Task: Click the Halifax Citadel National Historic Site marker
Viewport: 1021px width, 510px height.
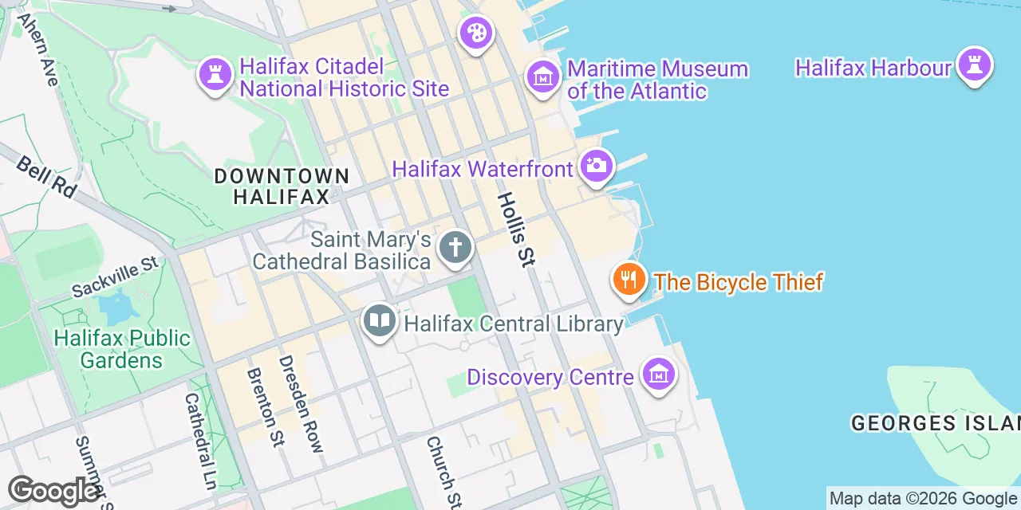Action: [215, 75]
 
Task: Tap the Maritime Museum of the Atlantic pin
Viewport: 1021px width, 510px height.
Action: [543, 77]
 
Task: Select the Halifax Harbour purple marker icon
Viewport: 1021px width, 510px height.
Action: [974, 65]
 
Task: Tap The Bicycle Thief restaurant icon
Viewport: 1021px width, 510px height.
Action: [629, 280]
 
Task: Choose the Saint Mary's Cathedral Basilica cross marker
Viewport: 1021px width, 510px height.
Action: [455, 247]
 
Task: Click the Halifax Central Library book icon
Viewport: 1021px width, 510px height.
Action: [380, 321]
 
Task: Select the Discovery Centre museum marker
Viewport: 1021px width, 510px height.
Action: [659, 374]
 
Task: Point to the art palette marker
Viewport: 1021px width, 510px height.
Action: [476, 33]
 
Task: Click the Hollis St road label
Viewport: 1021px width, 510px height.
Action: [516, 229]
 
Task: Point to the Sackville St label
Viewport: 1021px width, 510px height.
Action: [115, 277]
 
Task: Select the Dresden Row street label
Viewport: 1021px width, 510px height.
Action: [301, 404]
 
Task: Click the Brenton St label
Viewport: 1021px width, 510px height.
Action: [266, 406]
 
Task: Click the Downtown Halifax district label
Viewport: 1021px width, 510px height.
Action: [282, 186]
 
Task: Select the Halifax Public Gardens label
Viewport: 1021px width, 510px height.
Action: [122, 349]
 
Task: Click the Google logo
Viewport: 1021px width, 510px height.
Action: [53, 491]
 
